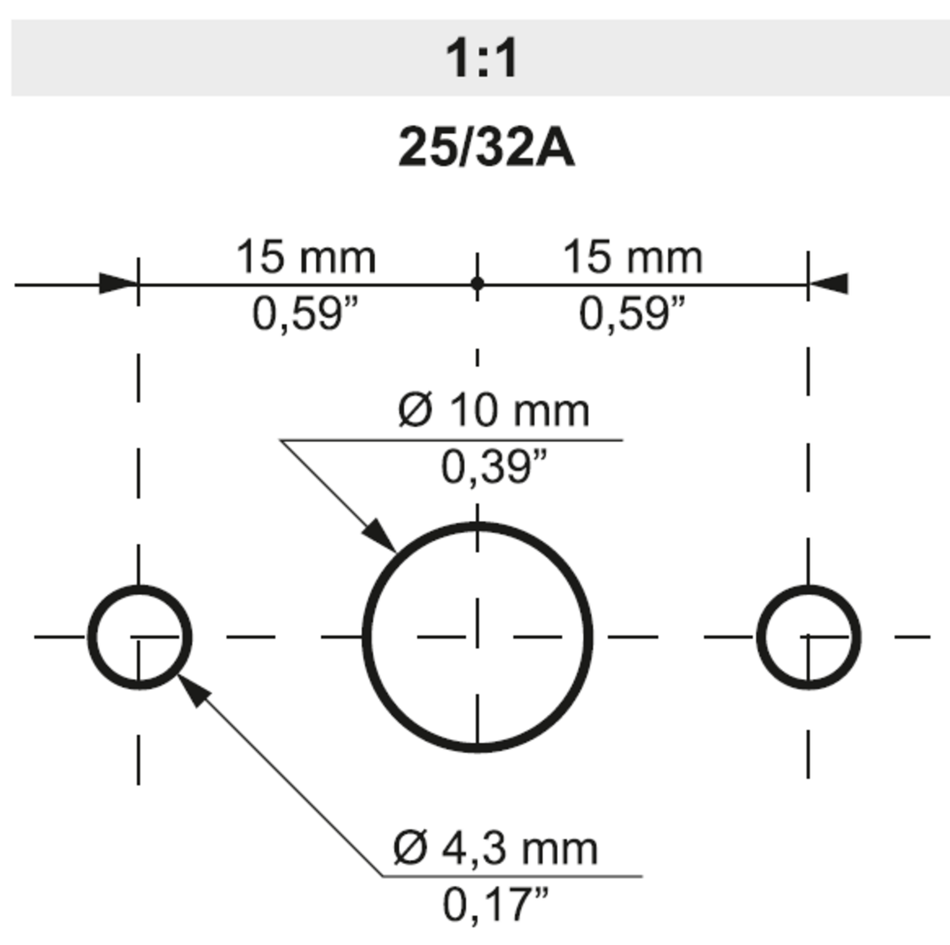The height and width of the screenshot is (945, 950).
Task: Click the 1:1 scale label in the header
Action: point(481,58)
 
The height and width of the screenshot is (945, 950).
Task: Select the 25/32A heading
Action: point(486,148)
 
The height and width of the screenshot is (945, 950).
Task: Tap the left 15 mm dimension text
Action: point(306,258)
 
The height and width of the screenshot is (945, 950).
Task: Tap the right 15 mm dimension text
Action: point(633,258)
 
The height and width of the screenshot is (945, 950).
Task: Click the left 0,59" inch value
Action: point(305,314)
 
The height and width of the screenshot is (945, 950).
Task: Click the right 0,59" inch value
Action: point(632,314)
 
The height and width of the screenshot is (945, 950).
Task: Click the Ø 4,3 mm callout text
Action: point(495,849)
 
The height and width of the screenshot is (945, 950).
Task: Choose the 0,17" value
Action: point(495,904)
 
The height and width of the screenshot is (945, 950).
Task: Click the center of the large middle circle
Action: point(478,637)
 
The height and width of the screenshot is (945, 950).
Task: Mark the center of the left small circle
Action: point(139,637)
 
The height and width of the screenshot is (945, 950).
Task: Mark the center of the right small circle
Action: point(808,637)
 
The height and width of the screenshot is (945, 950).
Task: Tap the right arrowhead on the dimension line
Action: point(828,284)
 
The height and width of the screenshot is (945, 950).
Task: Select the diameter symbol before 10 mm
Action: point(415,410)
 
